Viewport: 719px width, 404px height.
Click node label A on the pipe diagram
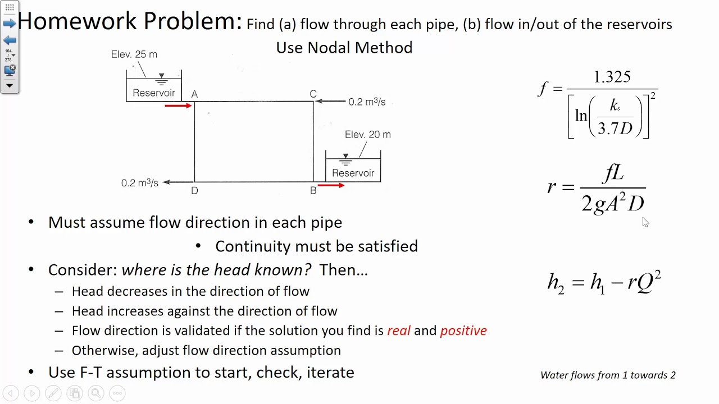click(194, 94)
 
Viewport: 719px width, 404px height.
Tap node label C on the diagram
click(313, 94)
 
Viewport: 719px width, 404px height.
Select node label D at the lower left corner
click(194, 191)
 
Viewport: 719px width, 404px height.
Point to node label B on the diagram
click(313, 191)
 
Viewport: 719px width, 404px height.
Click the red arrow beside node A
click(179, 105)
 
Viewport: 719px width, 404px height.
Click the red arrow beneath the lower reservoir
click(331, 185)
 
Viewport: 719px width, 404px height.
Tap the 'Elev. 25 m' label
click(134, 54)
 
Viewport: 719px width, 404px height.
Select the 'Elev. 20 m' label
click(368, 135)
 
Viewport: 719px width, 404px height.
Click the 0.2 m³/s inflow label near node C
click(367, 102)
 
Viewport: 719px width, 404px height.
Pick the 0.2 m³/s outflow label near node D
click(140, 183)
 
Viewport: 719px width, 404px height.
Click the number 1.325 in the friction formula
click(612, 77)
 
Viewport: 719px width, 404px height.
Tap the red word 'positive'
click(463, 330)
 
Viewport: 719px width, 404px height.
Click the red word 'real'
click(399, 330)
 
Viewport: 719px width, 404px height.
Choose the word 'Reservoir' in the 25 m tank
click(154, 93)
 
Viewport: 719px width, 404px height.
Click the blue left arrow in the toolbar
click(10, 40)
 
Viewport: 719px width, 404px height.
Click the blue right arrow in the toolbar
click(10, 23)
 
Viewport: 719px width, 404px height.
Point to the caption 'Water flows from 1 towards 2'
click(608, 375)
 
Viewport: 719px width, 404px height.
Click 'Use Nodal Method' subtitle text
click(344, 48)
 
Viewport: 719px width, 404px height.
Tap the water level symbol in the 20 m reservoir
click(345, 159)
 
